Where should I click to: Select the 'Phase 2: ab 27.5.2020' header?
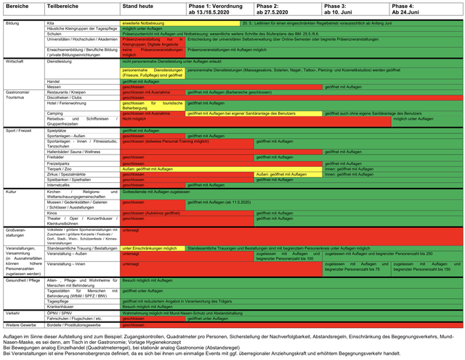(x=275, y=9)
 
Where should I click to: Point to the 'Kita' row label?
(x=51, y=22)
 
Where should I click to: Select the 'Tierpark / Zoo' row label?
(x=62, y=168)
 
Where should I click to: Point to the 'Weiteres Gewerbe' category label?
(x=23, y=324)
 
